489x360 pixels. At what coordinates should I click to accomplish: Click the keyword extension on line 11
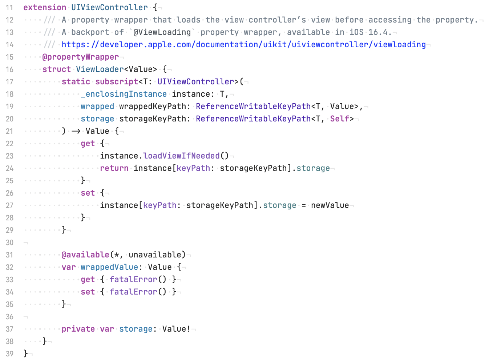click(45, 7)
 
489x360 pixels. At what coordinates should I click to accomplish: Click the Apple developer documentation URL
click(244, 45)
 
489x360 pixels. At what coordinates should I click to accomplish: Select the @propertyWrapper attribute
click(81, 57)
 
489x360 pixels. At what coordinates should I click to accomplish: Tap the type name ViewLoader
click(100, 69)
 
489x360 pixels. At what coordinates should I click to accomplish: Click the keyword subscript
click(117, 82)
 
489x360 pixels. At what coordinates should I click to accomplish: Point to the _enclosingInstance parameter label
click(124, 94)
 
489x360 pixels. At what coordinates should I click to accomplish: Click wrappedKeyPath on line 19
click(153, 107)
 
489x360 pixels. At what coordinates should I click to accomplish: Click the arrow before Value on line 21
click(76, 131)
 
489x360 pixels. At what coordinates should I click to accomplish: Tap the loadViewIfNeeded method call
click(181, 156)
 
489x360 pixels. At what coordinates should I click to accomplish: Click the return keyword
click(114, 168)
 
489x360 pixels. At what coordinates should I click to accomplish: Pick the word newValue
click(330, 205)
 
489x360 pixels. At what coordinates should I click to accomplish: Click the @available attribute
click(85, 255)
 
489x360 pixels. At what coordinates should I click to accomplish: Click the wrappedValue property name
click(109, 267)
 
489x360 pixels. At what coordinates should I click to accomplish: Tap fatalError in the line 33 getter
click(133, 279)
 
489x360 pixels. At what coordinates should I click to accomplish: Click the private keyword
click(78, 329)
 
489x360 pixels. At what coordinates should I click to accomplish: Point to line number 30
click(9, 243)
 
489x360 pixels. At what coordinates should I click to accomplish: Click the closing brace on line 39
click(25, 353)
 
